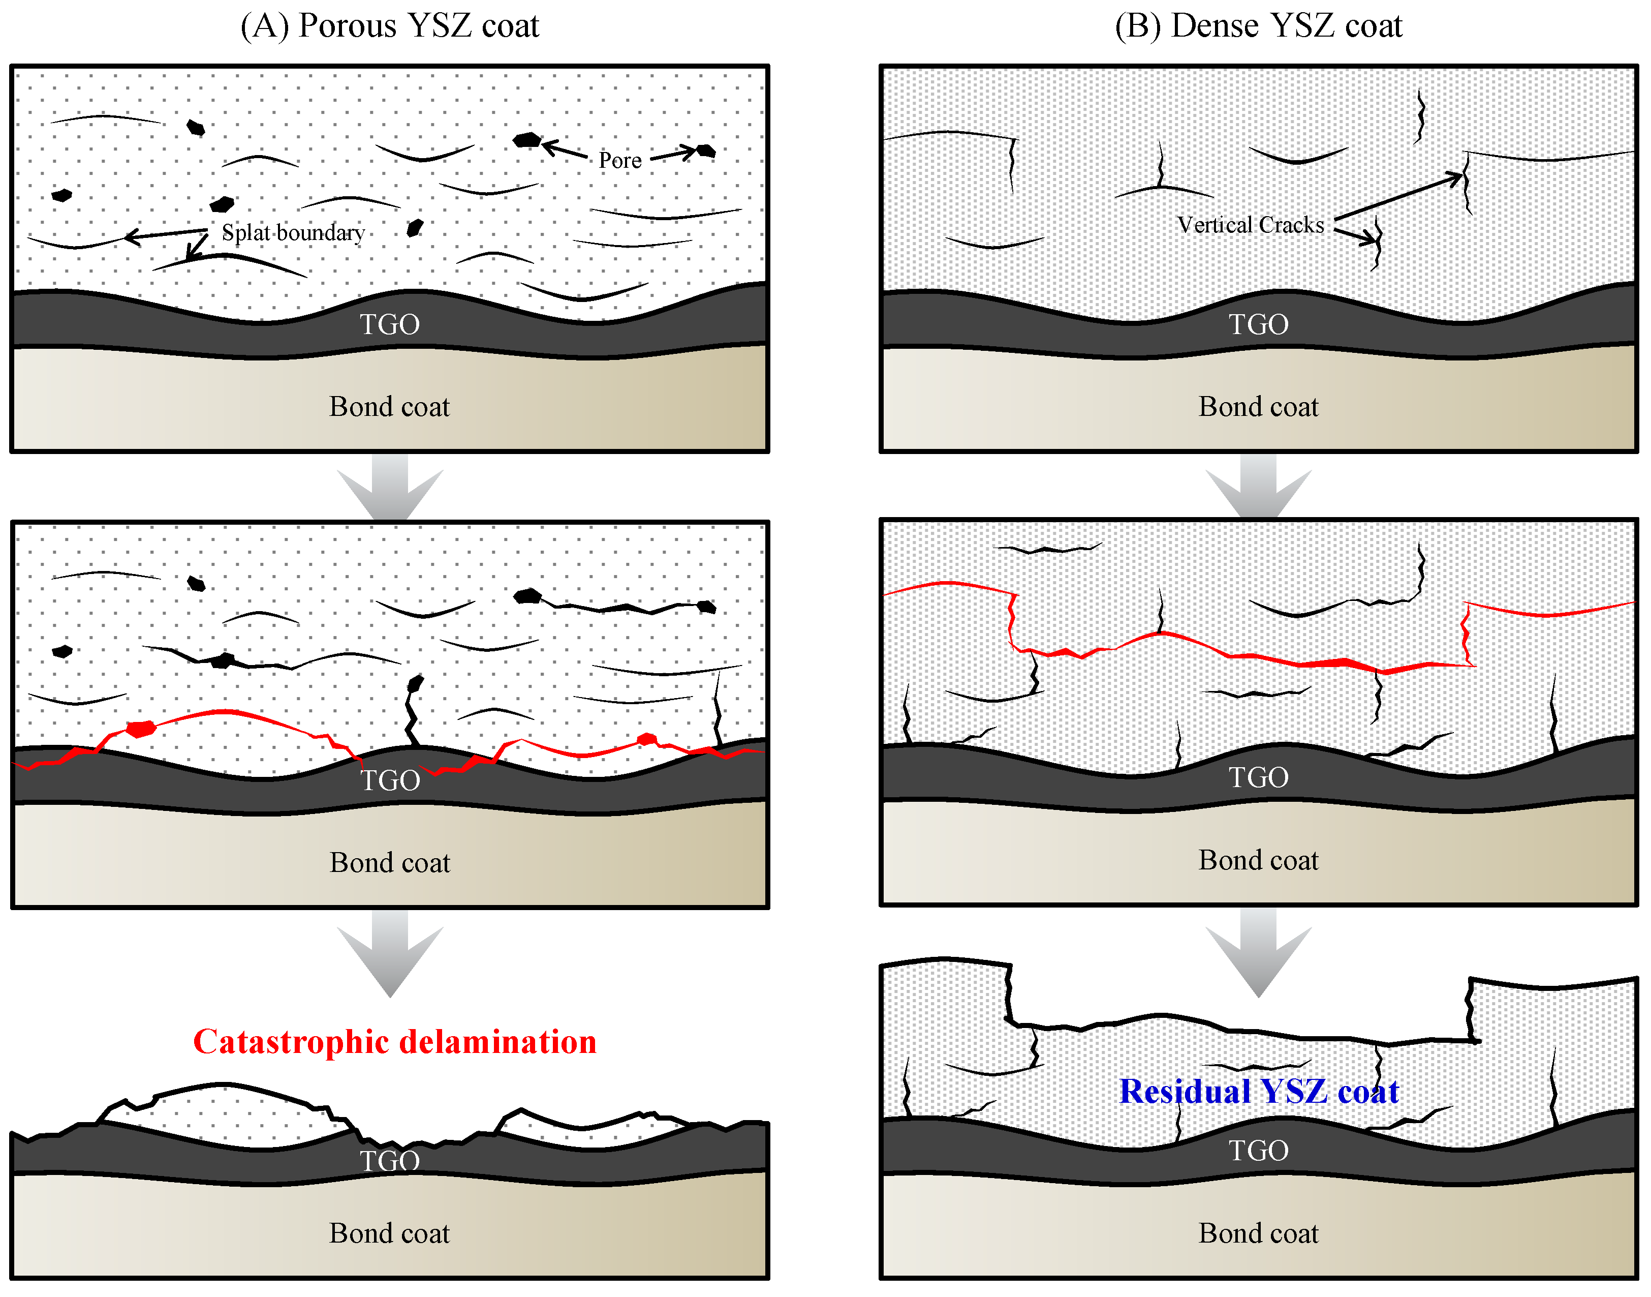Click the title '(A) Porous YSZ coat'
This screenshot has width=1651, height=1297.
coord(389,26)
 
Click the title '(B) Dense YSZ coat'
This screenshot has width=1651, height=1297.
coord(1258,26)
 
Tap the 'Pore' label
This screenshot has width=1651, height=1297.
coord(619,160)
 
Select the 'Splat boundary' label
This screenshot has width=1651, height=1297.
coord(293,232)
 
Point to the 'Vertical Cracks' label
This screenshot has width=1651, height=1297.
coord(1250,225)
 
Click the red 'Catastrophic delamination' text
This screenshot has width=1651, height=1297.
coord(395,1042)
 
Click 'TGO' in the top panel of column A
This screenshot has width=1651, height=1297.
coord(389,325)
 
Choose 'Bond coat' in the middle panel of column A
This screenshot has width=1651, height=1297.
coord(389,863)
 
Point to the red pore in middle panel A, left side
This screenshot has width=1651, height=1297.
coord(140,729)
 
